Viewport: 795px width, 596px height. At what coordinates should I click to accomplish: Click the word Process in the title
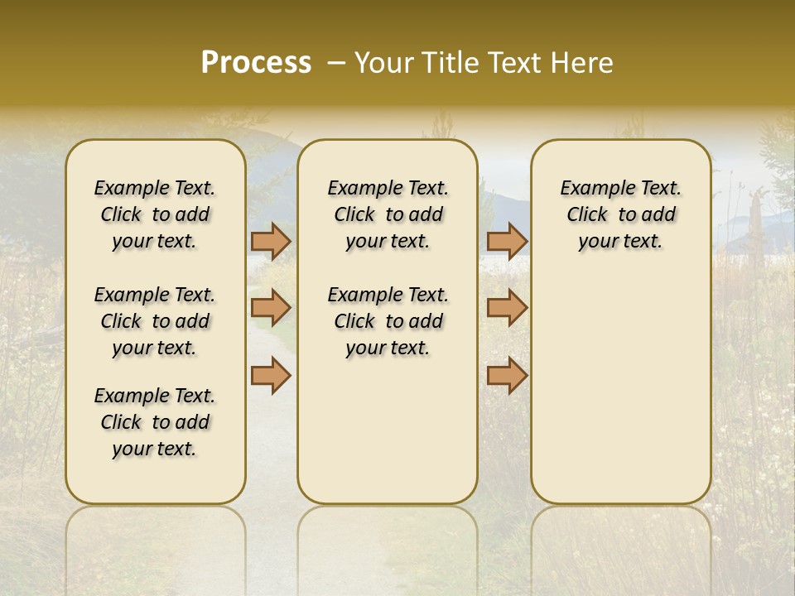pos(256,63)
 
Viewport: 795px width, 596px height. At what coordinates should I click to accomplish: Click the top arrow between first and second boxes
pos(271,241)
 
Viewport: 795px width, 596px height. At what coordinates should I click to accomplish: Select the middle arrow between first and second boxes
pos(271,308)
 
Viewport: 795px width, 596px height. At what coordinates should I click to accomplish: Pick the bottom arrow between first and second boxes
pos(271,375)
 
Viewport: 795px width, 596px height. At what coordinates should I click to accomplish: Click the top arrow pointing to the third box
pos(507,241)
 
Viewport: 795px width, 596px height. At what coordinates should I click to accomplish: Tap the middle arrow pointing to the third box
pos(507,308)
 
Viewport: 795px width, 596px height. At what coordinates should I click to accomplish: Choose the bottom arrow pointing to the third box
pos(507,375)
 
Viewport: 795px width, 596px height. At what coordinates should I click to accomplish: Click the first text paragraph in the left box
pos(155,214)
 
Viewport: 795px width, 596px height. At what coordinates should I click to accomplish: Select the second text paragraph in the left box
pos(155,321)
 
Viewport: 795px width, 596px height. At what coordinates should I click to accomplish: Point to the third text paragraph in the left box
pos(155,422)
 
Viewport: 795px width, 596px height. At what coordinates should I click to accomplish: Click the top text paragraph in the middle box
pos(388,214)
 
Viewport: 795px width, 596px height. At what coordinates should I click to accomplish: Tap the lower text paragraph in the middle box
pos(388,321)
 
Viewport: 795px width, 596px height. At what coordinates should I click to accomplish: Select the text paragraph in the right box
pos(621,214)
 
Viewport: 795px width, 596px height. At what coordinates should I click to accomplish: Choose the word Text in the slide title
pos(514,63)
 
